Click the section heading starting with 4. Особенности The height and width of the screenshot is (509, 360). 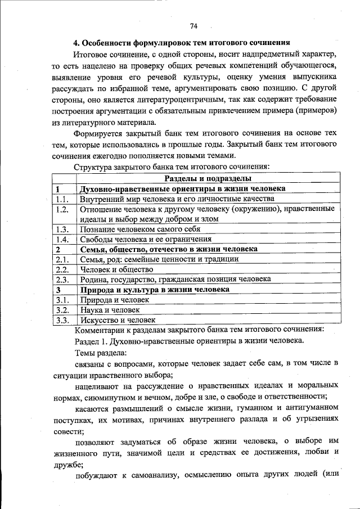(x=182, y=43)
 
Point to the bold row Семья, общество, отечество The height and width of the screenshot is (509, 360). (x=169, y=249)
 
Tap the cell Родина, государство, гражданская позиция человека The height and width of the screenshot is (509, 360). (x=175, y=279)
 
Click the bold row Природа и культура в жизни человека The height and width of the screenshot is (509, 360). (x=155, y=289)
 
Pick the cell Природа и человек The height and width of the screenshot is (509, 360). (x=114, y=300)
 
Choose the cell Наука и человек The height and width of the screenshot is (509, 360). (x=110, y=310)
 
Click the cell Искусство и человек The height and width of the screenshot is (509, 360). (x=118, y=320)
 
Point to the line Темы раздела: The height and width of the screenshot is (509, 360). (x=101, y=353)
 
